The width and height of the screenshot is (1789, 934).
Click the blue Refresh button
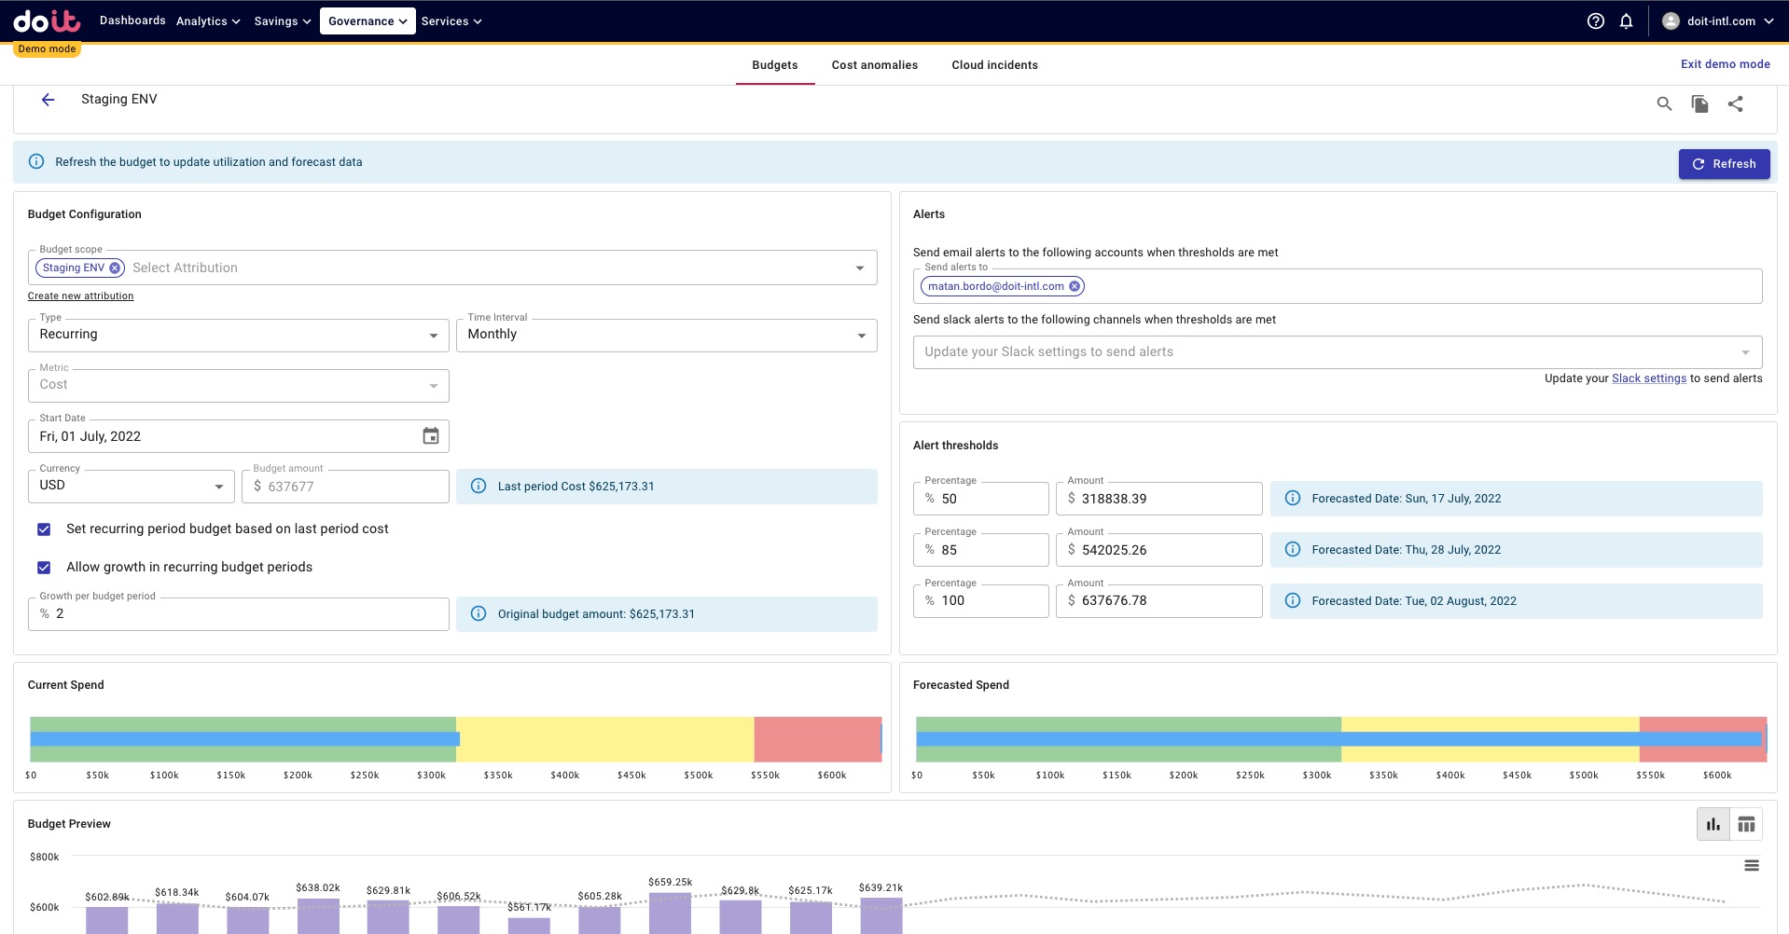click(x=1724, y=164)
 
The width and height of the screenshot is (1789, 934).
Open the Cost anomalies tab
click(x=874, y=65)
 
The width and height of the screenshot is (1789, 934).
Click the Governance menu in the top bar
click(x=367, y=21)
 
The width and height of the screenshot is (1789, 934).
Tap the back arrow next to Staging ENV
click(x=49, y=100)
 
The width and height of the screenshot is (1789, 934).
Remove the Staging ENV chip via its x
click(x=115, y=268)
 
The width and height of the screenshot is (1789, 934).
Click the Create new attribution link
click(x=80, y=296)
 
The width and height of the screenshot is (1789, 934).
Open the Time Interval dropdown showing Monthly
click(x=666, y=336)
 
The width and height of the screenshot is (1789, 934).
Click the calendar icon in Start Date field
click(x=430, y=436)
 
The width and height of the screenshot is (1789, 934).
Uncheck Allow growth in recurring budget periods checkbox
click(x=44, y=568)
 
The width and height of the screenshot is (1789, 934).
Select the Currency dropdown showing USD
click(x=131, y=486)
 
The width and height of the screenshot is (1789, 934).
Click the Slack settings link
click(x=1648, y=378)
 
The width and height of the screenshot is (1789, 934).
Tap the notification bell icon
click(x=1626, y=21)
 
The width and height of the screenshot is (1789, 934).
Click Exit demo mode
click(x=1725, y=64)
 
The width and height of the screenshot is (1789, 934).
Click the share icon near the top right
click(x=1735, y=104)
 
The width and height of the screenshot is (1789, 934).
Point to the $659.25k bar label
click(x=670, y=882)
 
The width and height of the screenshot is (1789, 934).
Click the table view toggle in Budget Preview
click(x=1746, y=824)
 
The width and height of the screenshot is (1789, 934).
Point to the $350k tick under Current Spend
click(x=498, y=776)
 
